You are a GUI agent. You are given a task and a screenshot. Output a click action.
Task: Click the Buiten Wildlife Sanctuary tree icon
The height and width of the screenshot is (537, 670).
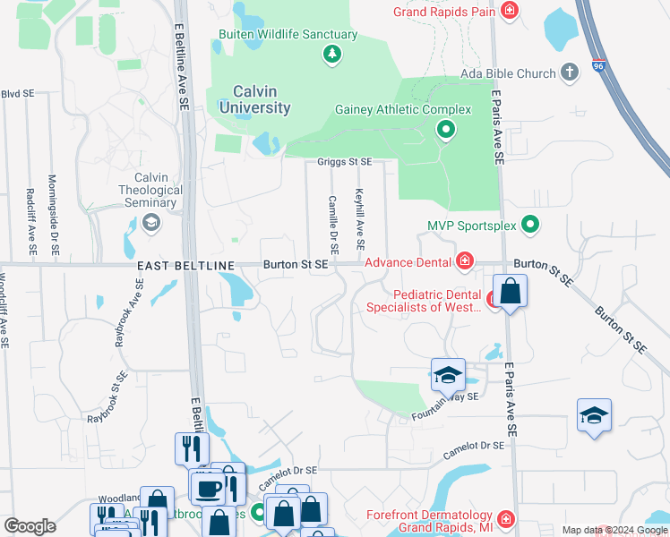tap(332, 55)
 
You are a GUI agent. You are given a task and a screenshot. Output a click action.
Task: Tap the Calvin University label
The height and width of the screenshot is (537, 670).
tap(249, 99)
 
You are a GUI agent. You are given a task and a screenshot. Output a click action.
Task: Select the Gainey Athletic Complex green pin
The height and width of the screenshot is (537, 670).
tap(446, 132)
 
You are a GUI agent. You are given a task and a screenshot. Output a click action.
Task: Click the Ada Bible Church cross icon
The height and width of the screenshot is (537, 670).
tap(569, 72)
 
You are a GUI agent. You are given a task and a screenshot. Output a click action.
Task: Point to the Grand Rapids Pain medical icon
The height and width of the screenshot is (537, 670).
tap(509, 12)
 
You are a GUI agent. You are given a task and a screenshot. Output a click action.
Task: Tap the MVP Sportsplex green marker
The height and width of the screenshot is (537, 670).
tap(530, 225)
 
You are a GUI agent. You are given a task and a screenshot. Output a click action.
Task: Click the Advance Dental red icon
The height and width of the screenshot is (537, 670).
tap(464, 261)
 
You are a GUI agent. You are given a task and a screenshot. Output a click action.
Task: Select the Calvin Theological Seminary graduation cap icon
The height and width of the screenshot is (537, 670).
tap(150, 223)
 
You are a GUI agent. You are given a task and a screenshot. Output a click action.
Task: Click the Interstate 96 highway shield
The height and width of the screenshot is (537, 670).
tap(597, 64)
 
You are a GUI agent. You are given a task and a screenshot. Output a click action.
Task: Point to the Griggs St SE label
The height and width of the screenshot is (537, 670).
tap(344, 162)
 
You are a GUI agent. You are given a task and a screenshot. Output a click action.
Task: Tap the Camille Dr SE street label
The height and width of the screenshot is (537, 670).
tap(333, 222)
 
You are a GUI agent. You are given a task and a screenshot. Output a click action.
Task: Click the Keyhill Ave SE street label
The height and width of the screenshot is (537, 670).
tap(360, 218)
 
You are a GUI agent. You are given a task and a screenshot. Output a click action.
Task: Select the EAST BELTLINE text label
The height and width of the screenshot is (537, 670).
tap(185, 266)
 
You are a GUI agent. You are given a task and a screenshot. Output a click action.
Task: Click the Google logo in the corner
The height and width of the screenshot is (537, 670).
tap(30, 526)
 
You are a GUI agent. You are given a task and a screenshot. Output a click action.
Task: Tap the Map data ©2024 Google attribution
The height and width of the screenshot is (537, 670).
tap(614, 530)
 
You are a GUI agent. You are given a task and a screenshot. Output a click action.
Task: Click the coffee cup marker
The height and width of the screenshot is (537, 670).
tap(210, 490)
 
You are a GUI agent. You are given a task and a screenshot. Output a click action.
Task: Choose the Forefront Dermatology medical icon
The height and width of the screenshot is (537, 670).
tap(505, 519)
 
